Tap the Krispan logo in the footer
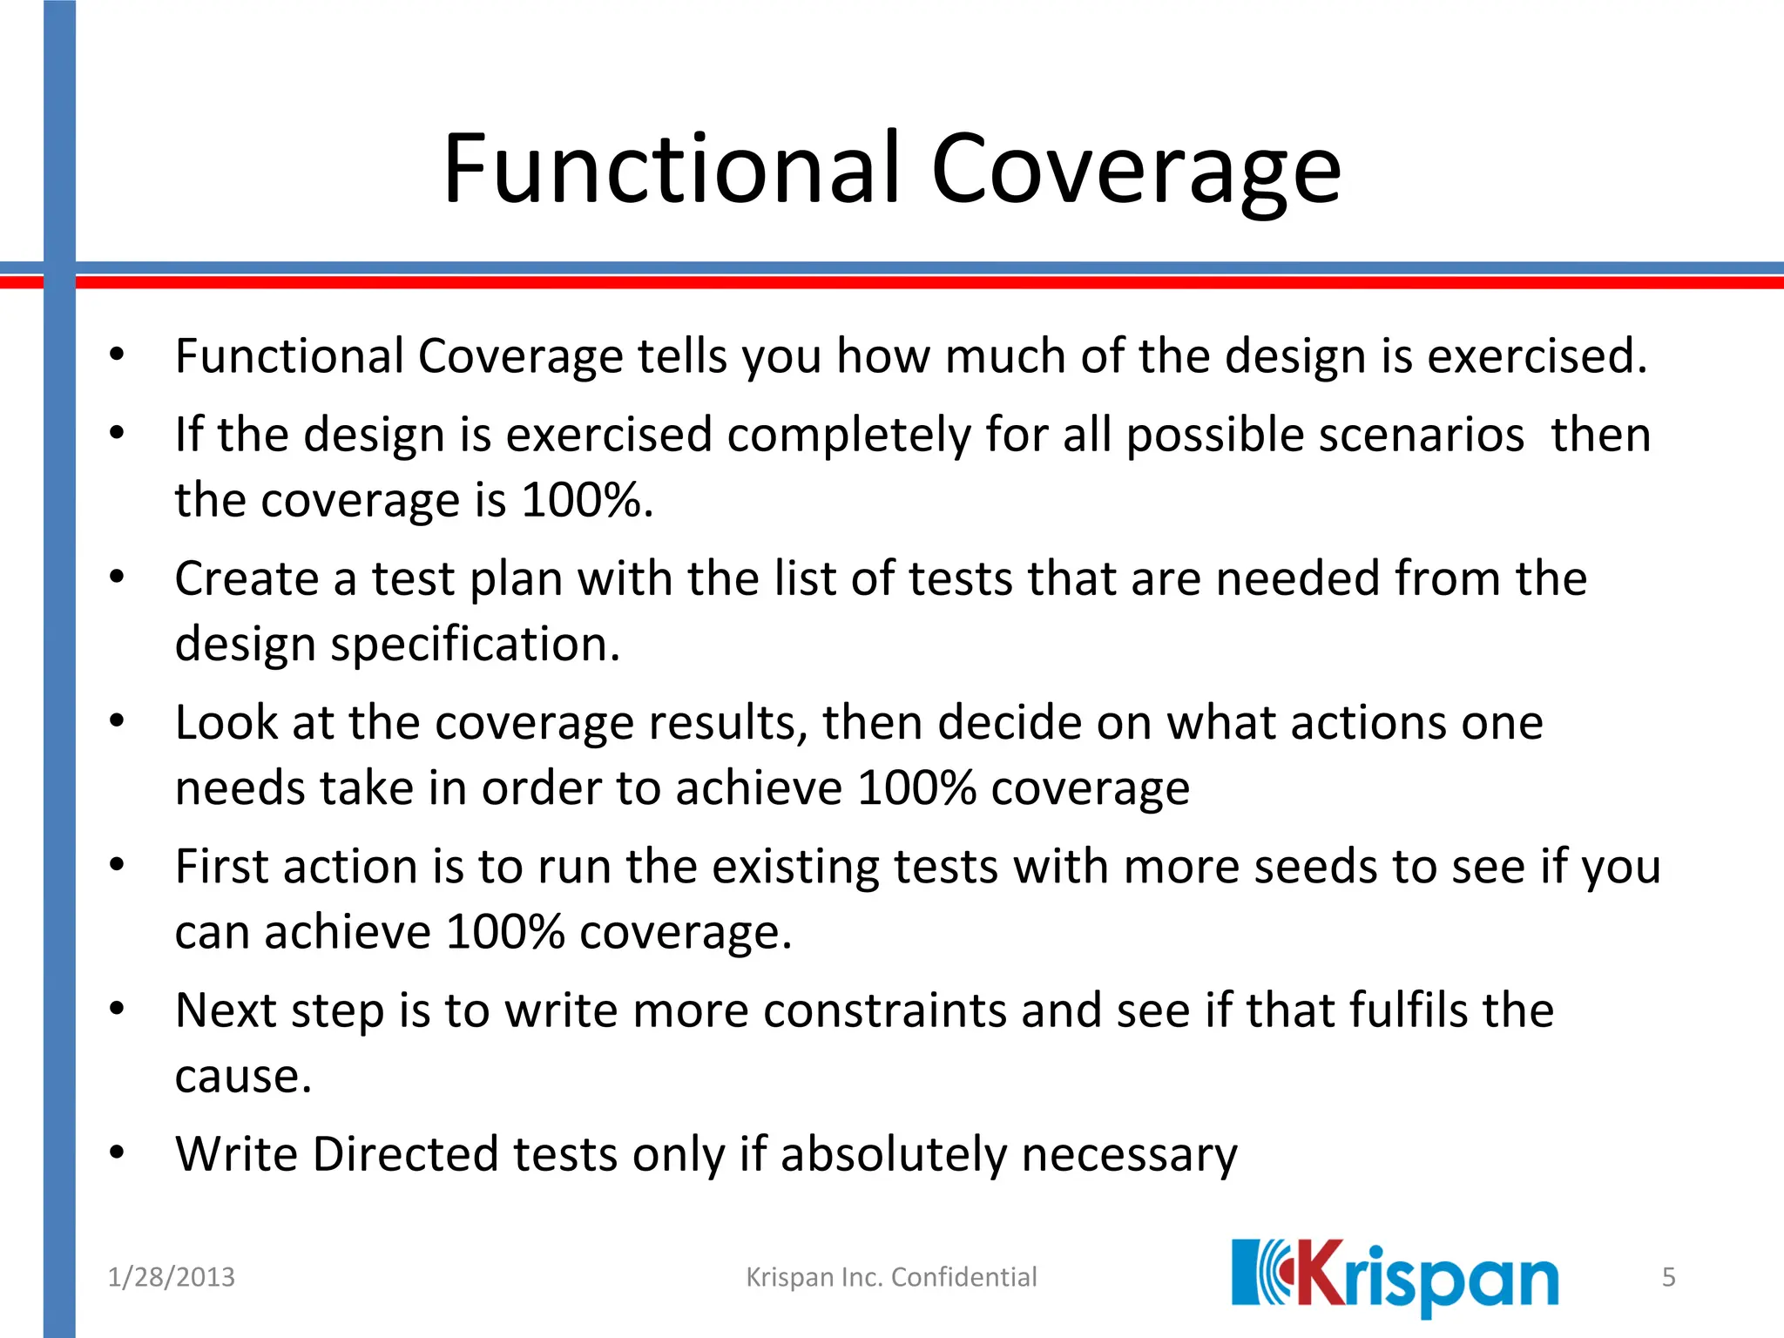[x=1395, y=1277]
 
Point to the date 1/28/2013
[x=171, y=1277]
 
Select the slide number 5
[x=1668, y=1277]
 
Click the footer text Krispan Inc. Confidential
[x=891, y=1277]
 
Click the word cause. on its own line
[x=243, y=1077]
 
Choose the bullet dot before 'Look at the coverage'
[x=118, y=721]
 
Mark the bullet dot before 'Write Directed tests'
[x=118, y=1153]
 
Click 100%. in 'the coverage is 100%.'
[x=587, y=500]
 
